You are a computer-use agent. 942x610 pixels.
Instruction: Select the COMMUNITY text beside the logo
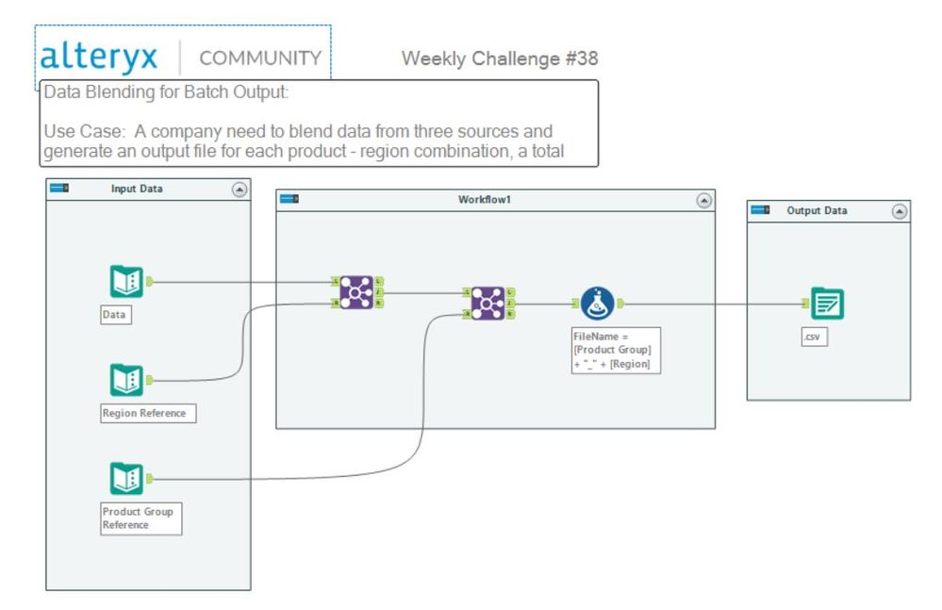pos(260,58)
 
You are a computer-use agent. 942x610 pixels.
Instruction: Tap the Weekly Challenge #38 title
pos(499,58)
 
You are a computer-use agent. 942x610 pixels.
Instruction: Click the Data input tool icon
pos(126,281)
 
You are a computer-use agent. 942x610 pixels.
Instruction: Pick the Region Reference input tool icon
pos(126,380)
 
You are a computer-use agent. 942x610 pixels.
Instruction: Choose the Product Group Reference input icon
pos(126,479)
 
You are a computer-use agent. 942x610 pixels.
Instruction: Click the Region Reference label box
pos(148,413)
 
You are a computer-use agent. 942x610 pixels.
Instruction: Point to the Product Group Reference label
pos(140,519)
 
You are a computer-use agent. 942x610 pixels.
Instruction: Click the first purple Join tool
pos(356,292)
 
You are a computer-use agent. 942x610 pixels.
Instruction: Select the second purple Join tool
pos(488,303)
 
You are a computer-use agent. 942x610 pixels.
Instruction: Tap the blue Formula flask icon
pos(597,303)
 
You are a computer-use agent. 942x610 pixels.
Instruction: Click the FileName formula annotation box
pos(616,350)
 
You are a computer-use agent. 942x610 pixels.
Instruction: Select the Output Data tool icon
pos(827,304)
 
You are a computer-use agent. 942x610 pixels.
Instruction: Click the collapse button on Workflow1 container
pos(703,201)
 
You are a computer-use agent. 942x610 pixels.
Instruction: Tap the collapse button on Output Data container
pos(899,211)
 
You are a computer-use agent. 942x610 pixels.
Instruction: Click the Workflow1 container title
pos(484,201)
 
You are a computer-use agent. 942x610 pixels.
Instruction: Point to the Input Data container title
pos(137,190)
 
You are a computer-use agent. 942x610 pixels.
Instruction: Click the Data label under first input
pos(116,315)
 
